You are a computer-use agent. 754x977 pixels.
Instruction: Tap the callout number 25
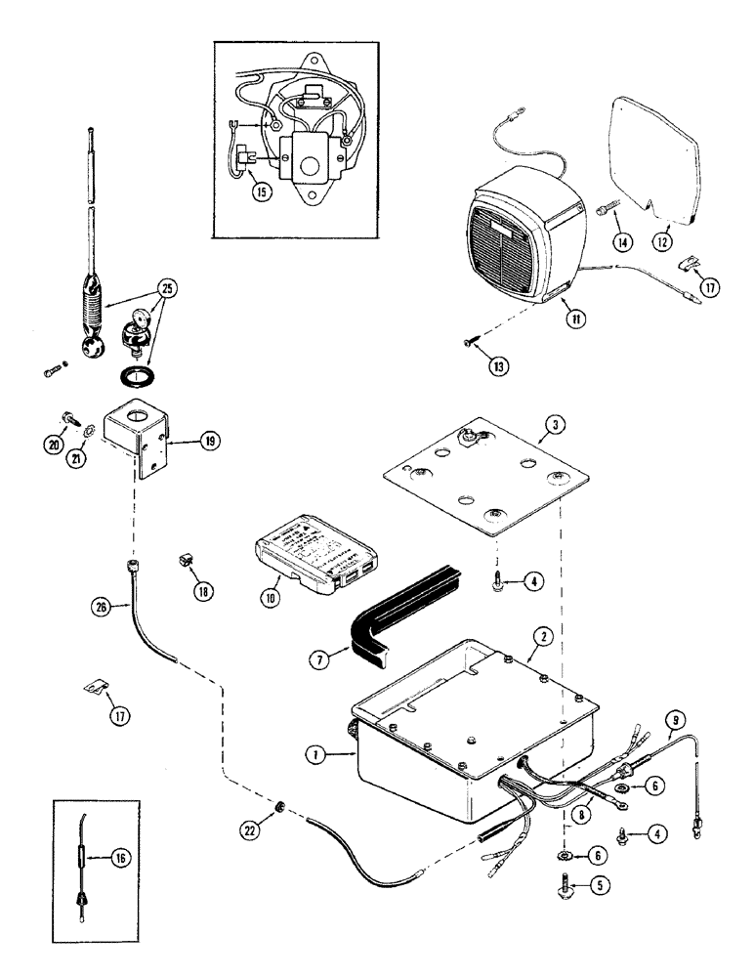(x=168, y=288)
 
